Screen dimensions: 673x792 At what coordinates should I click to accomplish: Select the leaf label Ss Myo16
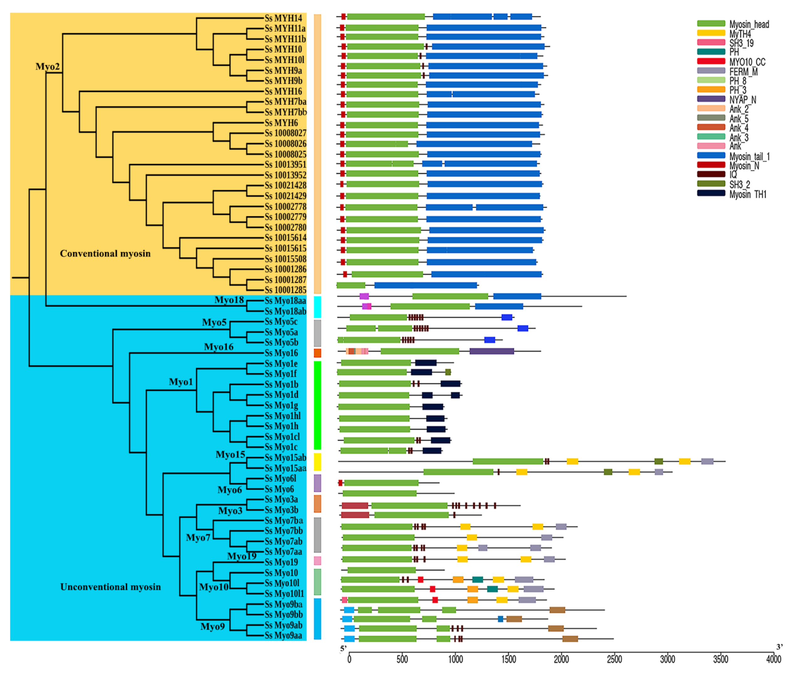pyautogui.click(x=281, y=353)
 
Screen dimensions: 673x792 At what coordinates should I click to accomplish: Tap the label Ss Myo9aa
pyautogui.click(x=283, y=635)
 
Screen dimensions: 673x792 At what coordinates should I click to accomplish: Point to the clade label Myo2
pyautogui.click(x=48, y=67)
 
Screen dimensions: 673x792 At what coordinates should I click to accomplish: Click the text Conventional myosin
pyautogui.click(x=105, y=254)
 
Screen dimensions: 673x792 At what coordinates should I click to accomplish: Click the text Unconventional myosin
pyautogui.click(x=111, y=587)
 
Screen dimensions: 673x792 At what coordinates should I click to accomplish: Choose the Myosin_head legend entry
pyautogui.click(x=749, y=24)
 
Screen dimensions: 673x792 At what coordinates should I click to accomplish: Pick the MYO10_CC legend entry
pyautogui.click(x=747, y=62)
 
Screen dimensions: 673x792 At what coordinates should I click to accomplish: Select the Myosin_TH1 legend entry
pyautogui.click(x=747, y=194)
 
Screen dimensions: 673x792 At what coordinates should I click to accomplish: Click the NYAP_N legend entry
pyautogui.click(x=742, y=99)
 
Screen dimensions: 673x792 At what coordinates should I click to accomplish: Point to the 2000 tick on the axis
pyautogui.click(x=561, y=659)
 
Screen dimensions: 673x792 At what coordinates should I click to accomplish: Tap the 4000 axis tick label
pyautogui.click(x=774, y=659)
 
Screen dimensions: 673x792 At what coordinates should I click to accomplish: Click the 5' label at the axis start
pyautogui.click(x=343, y=648)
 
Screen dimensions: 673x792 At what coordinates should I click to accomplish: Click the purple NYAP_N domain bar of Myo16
pyautogui.click(x=492, y=351)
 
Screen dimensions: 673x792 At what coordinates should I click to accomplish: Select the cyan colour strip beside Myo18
pyautogui.click(x=317, y=307)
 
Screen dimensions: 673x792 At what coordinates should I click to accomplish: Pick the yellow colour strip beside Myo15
pyautogui.click(x=317, y=462)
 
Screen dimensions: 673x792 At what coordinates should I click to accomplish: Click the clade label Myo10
pyautogui.click(x=213, y=587)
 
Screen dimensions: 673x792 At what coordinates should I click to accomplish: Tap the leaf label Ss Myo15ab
pyautogui.click(x=285, y=457)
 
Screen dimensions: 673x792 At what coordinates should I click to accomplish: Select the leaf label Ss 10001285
pyautogui.click(x=285, y=290)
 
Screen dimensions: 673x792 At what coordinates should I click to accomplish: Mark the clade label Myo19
pyautogui.click(x=242, y=556)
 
